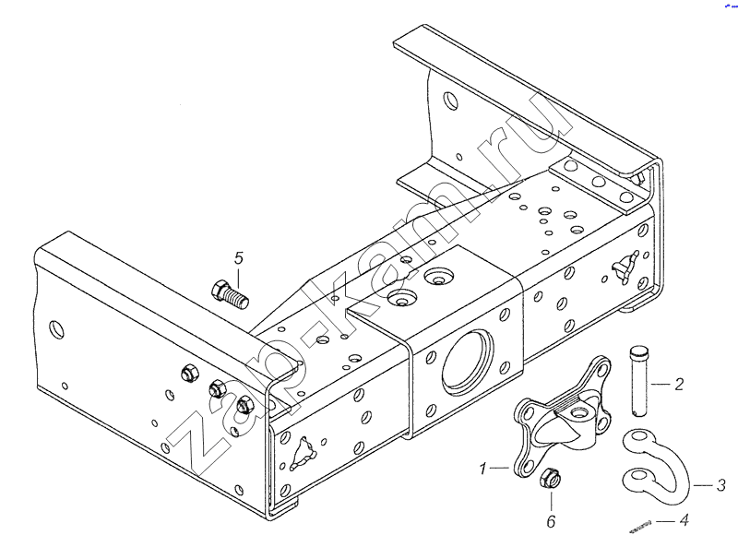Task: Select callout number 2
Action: tap(678, 384)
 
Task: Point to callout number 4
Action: tap(684, 520)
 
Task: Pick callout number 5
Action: tap(237, 257)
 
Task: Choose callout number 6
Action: tap(551, 522)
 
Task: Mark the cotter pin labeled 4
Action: tap(640, 527)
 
